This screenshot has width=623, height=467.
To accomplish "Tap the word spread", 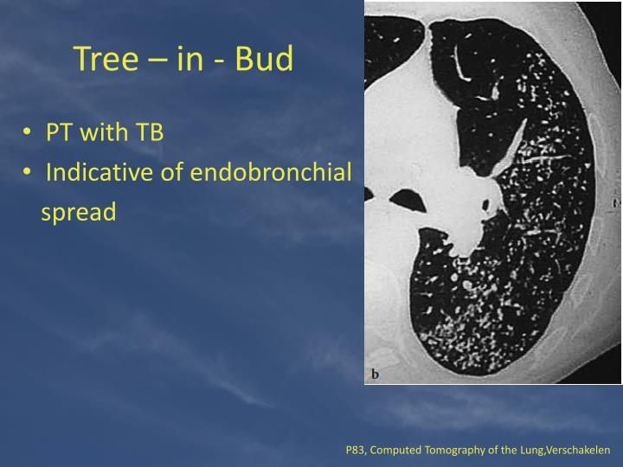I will pyautogui.click(x=78, y=212).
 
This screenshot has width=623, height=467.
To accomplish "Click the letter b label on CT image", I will pyautogui.click(x=376, y=374).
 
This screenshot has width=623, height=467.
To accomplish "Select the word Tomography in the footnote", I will pyautogui.click(x=454, y=451).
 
